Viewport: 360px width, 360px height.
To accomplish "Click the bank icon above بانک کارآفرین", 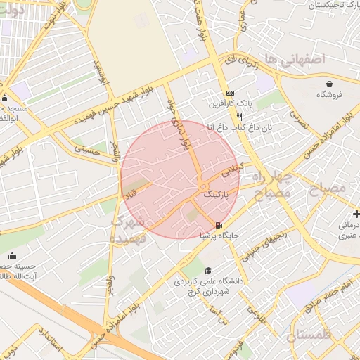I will click(230, 94).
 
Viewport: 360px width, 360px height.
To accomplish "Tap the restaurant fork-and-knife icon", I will click(239, 117).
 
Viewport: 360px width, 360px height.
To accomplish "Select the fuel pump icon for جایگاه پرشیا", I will click(219, 225).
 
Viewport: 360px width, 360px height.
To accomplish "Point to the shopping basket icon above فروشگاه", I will click(328, 83).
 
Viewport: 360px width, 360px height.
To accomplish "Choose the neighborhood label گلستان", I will click(308, 335).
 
